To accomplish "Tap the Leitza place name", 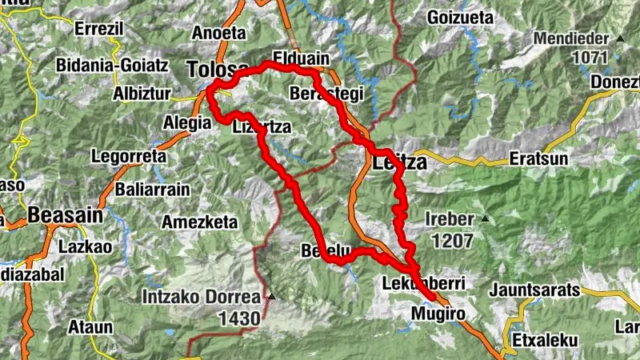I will point(401,162).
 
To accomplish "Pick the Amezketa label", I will point(200,222).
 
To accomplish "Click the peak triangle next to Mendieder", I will point(620,38).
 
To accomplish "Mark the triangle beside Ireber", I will point(483,218).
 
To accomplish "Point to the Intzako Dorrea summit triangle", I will point(270,298).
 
